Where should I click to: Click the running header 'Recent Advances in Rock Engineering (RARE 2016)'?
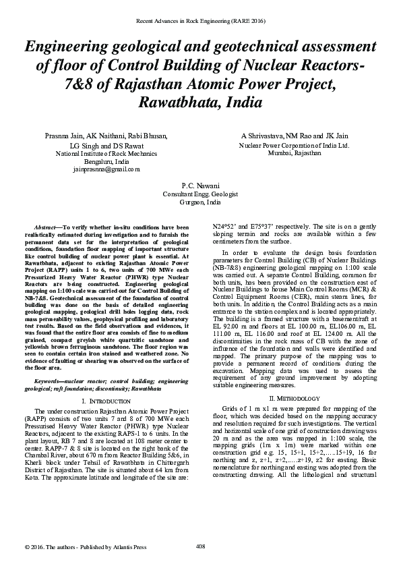tap(200, 22)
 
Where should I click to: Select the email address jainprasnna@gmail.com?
tap(106, 170)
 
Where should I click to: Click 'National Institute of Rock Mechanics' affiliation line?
tap(106, 154)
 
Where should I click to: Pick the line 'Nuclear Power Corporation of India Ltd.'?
tap(294, 145)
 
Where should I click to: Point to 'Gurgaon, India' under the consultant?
tap(200, 202)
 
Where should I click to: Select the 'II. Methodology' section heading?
tap(294, 380)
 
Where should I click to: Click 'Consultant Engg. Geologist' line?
tap(200, 194)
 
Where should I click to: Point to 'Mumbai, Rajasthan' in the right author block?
tap(294, 153)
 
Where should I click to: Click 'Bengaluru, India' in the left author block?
tap(106, 162)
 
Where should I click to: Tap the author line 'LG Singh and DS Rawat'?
tap(106, 146)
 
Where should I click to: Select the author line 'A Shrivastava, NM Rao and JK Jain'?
tap(294, 136)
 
